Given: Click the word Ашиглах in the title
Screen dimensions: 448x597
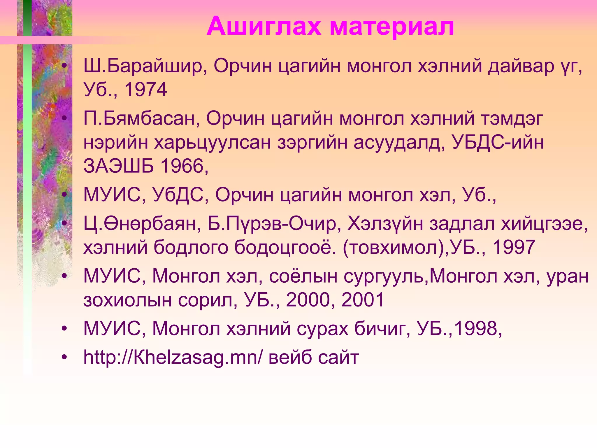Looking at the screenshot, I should pos(264,27).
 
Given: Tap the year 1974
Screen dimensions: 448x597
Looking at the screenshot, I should pos(145,90).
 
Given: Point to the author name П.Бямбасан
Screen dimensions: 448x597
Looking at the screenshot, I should pos(141,119).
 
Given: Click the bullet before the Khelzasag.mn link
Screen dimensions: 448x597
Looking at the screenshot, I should pos(64,357).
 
